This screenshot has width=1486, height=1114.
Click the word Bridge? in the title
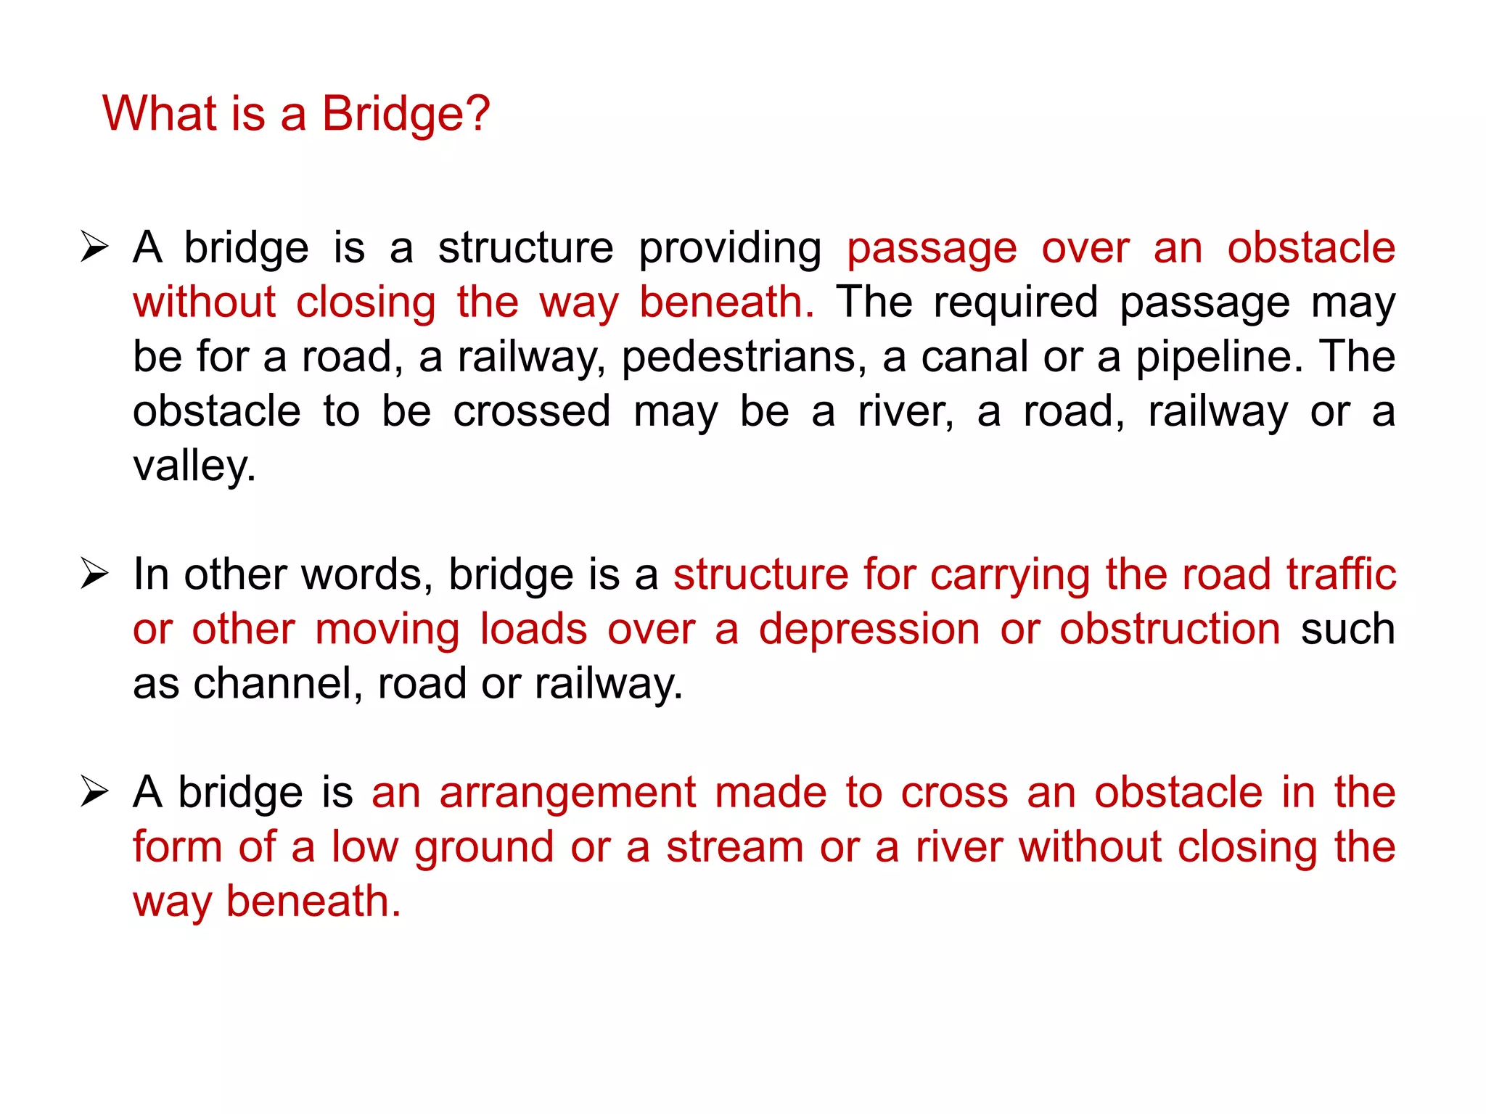point(406,115)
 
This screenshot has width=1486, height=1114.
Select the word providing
point(729,249)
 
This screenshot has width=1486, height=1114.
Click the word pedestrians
point(744,357)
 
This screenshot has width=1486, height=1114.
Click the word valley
point(194,466)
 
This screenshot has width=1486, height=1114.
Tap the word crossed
point(532,411)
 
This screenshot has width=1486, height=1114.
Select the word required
point(1015,302)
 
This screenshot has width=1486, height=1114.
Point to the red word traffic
point(1341,575)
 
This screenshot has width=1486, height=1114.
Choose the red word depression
point(869,630)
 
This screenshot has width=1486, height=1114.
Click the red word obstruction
point(1170,630)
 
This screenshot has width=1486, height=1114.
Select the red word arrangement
point(567,792)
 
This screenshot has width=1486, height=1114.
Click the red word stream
point(734,847)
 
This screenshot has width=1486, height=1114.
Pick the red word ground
point(484,847)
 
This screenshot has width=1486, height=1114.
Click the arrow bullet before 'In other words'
point(94,574)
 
